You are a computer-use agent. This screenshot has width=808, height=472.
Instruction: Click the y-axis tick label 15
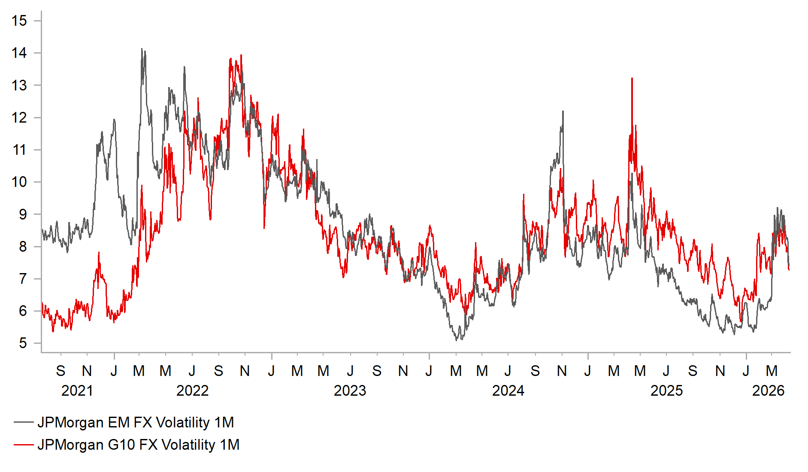click(x=19, y=21)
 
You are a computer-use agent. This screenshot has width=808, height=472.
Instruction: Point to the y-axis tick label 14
click(x=19, y=53)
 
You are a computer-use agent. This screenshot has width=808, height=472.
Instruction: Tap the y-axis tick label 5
click(x=23, y=343)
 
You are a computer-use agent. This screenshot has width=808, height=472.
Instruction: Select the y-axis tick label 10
click(x=19, y=182)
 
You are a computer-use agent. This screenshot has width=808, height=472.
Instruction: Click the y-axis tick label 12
click(x=19, y=117)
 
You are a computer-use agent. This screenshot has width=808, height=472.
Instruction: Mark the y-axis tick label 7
click(x=23, y=279)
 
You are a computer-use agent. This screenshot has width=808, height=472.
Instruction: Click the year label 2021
click(x=77, y=391)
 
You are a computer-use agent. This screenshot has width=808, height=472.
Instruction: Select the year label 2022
click(x=192, y=391)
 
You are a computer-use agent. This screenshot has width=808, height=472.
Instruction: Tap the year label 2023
click(x=350, y=391)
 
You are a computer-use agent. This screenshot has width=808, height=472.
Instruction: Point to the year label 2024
click(x=508, y=391)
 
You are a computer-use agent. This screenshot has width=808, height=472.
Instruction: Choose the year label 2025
click(x=666, y=391)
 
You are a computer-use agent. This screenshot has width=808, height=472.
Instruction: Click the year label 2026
click(x=768, y=391)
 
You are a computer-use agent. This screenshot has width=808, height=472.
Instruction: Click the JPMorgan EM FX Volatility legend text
click(x=136, y=422)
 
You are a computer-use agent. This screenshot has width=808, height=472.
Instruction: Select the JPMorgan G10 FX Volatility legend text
click(x=138, y=445)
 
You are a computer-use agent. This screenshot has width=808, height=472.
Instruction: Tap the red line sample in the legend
click(x=24, y=445)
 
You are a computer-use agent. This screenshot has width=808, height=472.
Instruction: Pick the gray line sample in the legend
click(x=24, y=422)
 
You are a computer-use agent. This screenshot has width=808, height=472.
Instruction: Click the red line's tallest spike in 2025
click(x=632, y=79)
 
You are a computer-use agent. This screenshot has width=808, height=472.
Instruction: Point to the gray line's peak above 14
click(x=142, y=49)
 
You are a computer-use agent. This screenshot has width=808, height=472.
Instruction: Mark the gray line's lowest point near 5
click(x=457, y=340)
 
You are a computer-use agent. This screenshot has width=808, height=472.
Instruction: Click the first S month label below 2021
click(x=61, y=371)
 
